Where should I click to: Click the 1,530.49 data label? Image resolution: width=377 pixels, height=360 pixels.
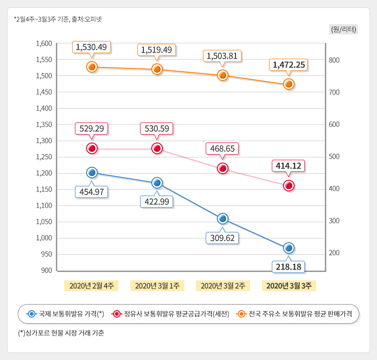coord(92,47)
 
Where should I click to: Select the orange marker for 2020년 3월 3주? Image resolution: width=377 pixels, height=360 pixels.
coord(289,84)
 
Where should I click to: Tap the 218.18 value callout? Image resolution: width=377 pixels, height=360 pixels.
coord(289,267)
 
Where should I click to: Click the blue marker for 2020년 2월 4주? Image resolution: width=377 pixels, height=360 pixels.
coord(92,173)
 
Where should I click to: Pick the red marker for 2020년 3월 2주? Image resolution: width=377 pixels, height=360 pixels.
coord(222,168)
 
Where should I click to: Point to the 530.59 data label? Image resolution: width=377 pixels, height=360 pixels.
coord(157,128)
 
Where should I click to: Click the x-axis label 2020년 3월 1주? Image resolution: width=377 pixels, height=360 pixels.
coord(157,285)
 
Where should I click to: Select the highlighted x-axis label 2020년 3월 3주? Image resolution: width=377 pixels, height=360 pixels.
coord(289,285)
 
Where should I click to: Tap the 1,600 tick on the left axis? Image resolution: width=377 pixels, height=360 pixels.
coord(44,43)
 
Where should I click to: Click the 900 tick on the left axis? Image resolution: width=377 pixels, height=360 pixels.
coord(46,270)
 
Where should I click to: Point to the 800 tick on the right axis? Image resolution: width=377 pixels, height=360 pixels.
coord(334,60)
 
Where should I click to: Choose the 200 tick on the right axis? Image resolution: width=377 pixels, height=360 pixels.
coord(334,253)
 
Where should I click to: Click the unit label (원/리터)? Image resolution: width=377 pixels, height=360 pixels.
coord(343,29)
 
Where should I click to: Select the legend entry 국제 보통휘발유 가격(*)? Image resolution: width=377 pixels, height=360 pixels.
coord(65,314)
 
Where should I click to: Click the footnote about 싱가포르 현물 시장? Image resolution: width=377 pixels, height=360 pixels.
coord(61,333)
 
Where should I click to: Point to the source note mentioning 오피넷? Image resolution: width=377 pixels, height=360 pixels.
coord(58,19)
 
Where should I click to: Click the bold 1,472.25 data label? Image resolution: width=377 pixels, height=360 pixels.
coord(289,65)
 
